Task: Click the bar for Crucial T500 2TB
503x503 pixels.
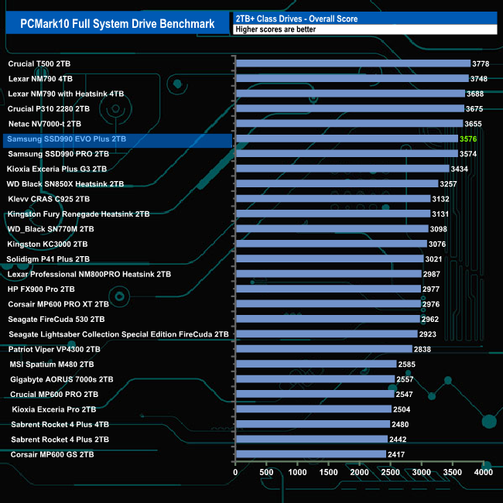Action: (x=352, y=63)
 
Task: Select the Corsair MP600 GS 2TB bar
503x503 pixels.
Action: (x=310, y=454)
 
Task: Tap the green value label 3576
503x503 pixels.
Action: (x=468, y=139)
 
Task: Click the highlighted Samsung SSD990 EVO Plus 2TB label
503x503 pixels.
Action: (x=65, y=139)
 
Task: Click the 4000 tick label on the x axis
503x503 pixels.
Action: (x=483, y=471)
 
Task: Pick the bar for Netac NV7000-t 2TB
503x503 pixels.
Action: (x=348, y=124)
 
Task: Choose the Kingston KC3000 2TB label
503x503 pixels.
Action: (x=49, y=244)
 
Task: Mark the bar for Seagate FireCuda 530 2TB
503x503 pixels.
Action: (x=327, y=319)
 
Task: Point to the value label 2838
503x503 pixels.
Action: (x=423, y=349)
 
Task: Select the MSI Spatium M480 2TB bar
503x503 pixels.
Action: (x=315, y=364)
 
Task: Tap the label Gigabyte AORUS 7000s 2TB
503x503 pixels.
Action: (x=62, y=379)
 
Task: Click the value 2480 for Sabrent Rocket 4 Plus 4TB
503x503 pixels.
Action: (x=401, y=424)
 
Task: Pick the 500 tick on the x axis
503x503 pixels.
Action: (x=266, y=471)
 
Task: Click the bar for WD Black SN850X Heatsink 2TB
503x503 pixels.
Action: (x=336, y=184)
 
